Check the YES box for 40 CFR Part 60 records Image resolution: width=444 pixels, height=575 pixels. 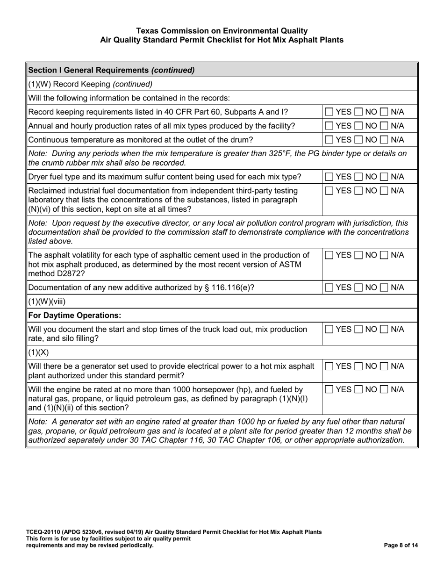pos(329,112)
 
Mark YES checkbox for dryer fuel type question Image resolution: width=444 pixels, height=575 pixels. pos(329,177)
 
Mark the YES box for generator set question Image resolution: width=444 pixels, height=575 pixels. pos(329,367)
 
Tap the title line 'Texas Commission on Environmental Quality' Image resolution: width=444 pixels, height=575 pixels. pos(222,31)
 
